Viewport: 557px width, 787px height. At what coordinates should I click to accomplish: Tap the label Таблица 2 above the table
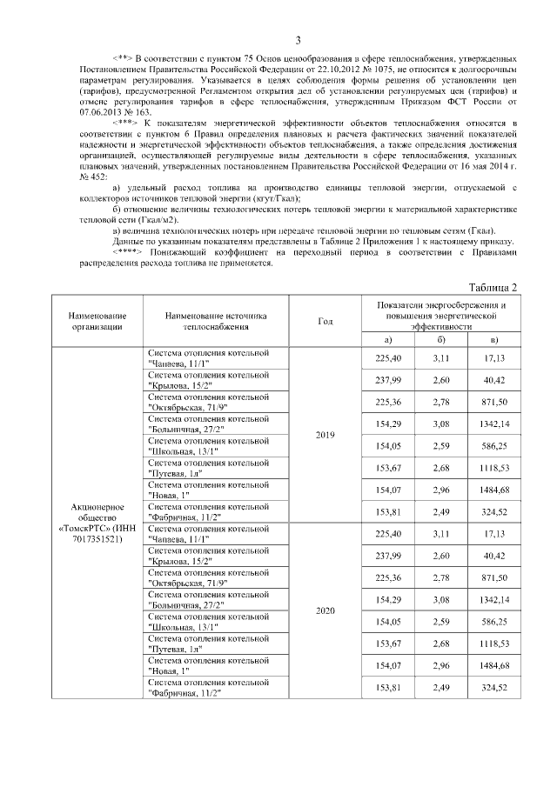click(493, 287)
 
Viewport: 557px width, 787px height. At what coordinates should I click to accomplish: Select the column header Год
click(325, 321)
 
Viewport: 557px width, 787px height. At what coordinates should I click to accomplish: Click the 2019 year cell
click(325, 434)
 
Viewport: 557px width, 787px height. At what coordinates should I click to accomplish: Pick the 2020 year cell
click(325, 610)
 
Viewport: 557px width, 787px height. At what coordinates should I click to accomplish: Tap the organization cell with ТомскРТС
click(94, 522)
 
